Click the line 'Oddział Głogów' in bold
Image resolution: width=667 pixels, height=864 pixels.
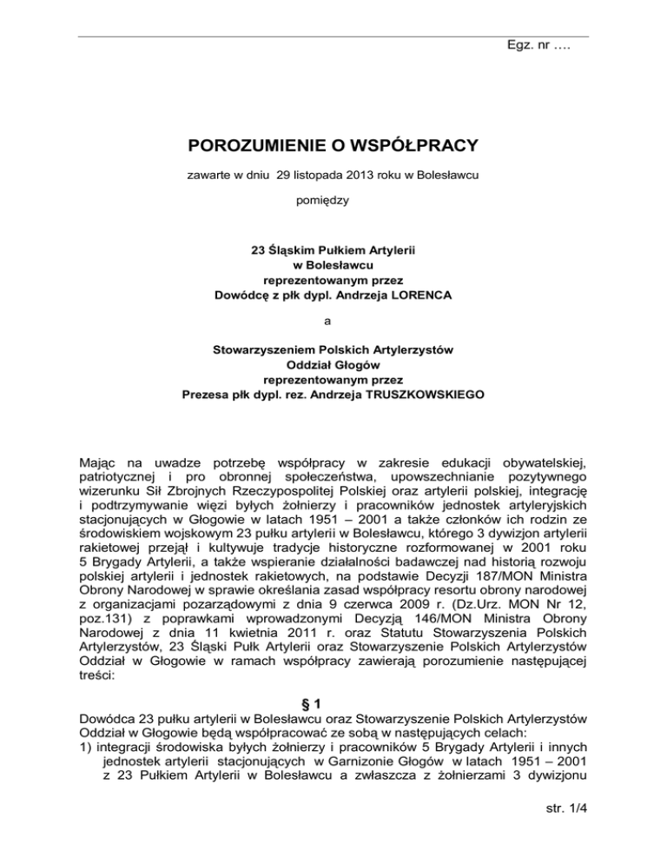click(x=334, y=365)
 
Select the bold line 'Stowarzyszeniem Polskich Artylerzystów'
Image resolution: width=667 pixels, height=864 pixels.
click(x=334, y=350)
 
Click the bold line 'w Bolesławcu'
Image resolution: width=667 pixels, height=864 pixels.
click(x=334, y=263)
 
